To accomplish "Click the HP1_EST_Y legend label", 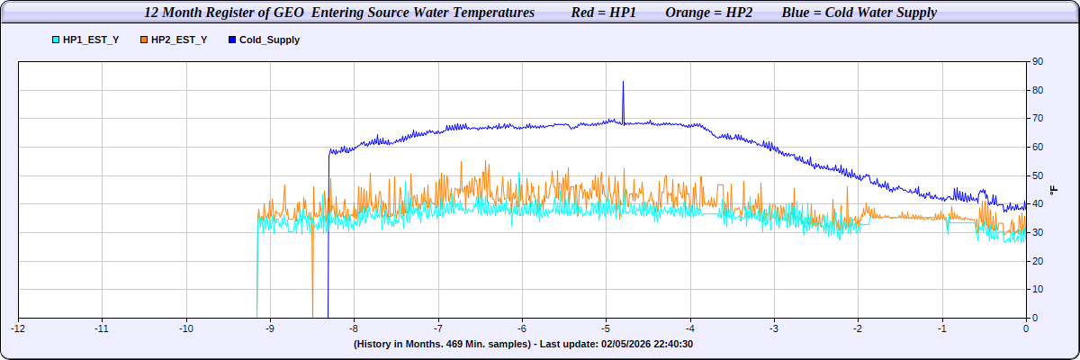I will (91, 40).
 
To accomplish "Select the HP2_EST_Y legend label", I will (179, 40).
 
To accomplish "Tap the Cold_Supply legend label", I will (269, 40).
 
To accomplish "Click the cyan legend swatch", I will (56, 40).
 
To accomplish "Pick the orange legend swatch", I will (144, 40).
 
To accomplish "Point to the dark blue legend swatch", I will (232, 40).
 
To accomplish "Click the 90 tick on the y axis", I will (1038, 61).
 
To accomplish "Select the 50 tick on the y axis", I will (1038, 175).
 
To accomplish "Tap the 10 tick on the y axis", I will (1038, 290).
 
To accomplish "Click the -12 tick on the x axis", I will (18, 328).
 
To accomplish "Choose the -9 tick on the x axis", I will (270, 328).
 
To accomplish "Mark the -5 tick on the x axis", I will (606, 328).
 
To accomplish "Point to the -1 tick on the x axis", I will (941, 328).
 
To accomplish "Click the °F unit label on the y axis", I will (1054, 190).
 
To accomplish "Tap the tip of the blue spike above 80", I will (623, 82).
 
